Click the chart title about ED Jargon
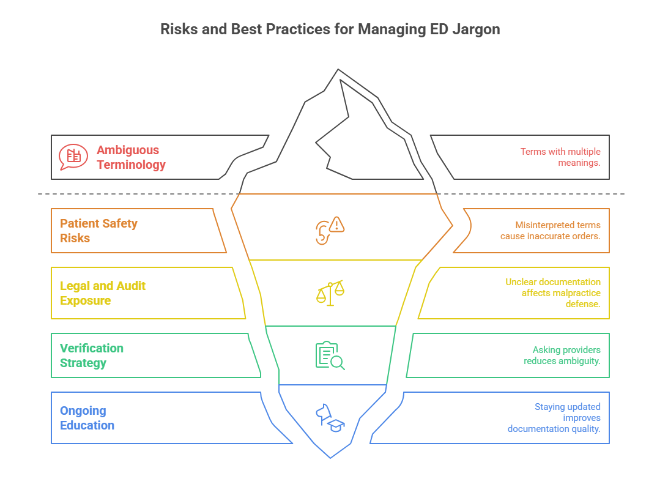(x=330, y=29)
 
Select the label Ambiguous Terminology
(x=131, y=157)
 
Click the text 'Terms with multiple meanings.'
(x=560, y=157)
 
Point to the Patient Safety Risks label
(x=98, y=231)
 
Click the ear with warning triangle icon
(x=330, y=230)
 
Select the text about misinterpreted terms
(x=549, y=231)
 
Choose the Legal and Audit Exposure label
(x=103, y=293)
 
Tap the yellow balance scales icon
(x=330, y=293)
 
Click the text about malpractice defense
(x=552, y=293)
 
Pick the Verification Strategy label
(x=92, y=355)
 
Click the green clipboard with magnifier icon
(x=330, y=355)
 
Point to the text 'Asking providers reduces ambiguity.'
(x=562, y=355)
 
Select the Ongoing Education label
(x=87, y=418)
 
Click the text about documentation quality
(x=554, y=418)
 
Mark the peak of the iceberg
(x=338, y=70)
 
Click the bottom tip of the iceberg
(x=330, y=457)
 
